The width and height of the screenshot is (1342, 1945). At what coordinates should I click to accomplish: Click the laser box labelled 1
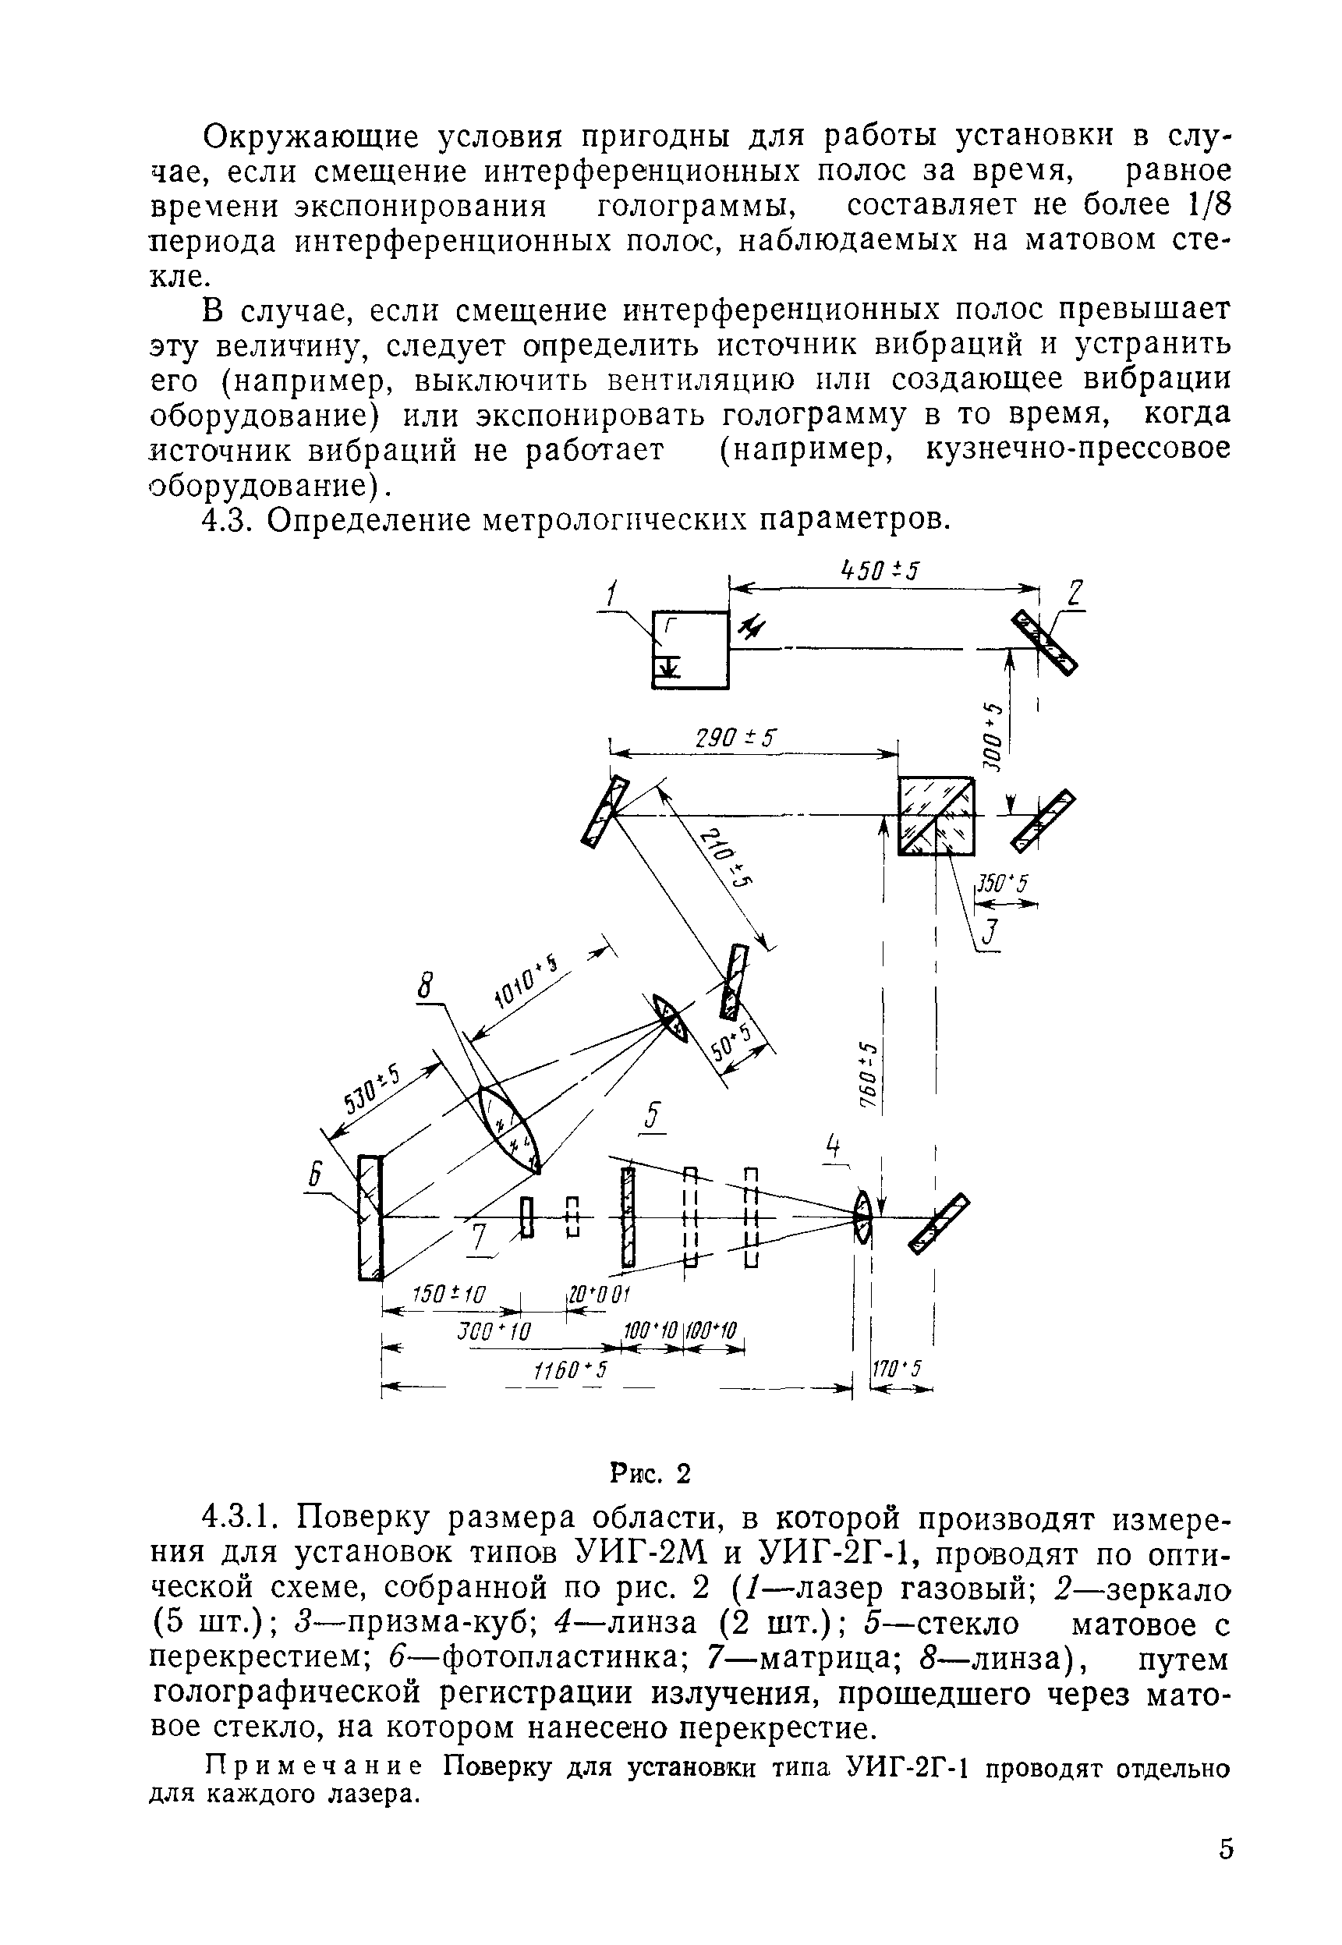(691, 650)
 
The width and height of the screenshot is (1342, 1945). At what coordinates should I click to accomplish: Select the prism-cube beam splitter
(936, 815)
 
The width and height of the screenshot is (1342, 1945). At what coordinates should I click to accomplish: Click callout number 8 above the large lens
(427, 985)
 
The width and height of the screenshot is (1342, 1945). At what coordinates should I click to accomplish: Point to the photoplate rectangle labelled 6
(370, 1217)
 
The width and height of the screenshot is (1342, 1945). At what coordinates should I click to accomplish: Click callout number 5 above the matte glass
(653, 1116)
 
